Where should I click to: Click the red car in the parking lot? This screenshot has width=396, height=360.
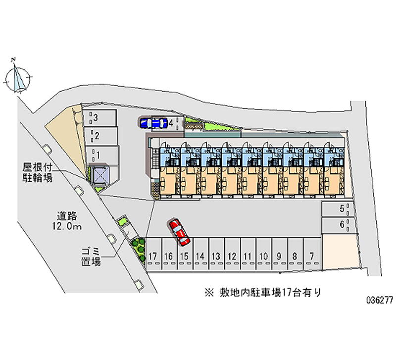(x=180, y=232)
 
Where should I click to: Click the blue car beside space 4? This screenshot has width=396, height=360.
(x=153, y=123)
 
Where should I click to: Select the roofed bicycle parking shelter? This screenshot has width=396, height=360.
(x=99, y=175)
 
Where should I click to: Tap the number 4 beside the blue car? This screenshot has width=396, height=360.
(x=170, y=123)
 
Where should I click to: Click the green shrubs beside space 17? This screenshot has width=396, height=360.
(x=139, y=247)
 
